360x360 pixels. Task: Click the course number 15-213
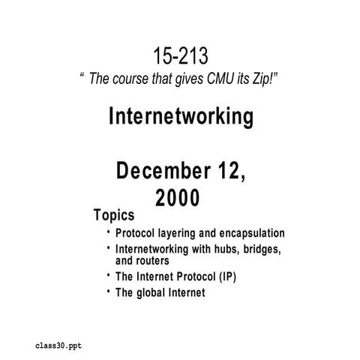tap(181, 55)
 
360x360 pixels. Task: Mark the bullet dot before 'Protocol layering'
tap(109, 231)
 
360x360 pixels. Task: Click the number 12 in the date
tap(230, 171)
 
